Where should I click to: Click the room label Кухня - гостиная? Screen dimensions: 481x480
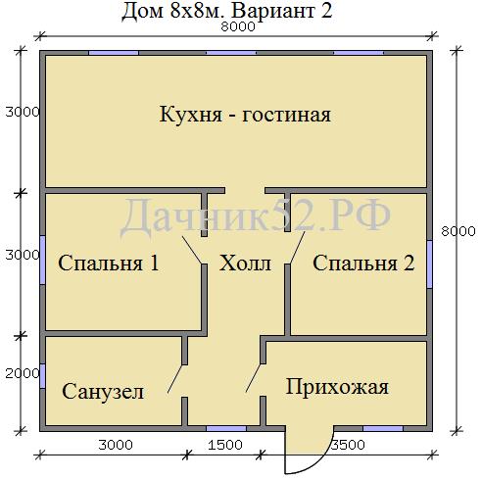(x=245, y=115)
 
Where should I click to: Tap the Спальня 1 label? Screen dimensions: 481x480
(x=109, y=263)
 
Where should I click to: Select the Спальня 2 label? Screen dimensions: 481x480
(x=363, y=263)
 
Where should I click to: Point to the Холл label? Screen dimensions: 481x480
(x=245, y=263)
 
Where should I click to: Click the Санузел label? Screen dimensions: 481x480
(x=103, y=391)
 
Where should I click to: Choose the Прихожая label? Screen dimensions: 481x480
(x=337, y=387)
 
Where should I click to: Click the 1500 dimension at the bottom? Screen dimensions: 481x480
(x=225, y=445)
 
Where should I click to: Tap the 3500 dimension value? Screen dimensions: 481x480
(x=348, y=445)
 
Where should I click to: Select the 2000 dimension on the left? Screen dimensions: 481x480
(x=23, y=373)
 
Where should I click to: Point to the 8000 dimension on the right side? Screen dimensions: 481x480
(x=458, y=231)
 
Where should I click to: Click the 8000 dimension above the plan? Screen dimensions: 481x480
(x=238, y=26)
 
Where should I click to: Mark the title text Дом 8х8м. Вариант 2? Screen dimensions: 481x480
(x=227, y=11)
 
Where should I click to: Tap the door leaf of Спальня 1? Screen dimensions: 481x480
(x=192, y=250)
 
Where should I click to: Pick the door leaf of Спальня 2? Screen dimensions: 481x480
(x=297, y=248)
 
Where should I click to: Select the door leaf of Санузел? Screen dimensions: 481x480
(x=175, y=379)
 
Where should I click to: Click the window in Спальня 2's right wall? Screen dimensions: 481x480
(x=430, y=264)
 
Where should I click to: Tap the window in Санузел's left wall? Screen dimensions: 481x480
(x=42, y=375)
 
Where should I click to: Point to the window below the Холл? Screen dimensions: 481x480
(x=226, y=428)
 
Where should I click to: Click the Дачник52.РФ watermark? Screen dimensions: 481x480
(x=256, y=216)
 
